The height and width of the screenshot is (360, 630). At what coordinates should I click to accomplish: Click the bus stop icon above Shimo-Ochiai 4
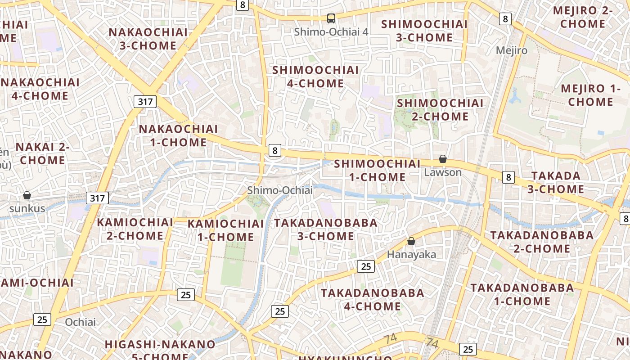coord(331,18)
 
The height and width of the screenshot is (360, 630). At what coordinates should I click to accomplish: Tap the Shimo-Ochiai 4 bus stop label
coord(331,32)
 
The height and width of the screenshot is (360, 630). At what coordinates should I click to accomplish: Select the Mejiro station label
coord(511,50)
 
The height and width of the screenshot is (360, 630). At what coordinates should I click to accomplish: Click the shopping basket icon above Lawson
coord(443,159)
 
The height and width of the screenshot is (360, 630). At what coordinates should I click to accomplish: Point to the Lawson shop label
coord(443,172)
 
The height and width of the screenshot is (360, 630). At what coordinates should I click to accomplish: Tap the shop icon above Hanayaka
coord(411,241)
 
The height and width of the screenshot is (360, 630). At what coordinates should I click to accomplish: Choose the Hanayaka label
coord(411,255)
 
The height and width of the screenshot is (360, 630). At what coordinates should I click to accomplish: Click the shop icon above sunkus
coord(27,195)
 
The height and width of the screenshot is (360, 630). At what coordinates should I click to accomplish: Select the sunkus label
coord(27,208)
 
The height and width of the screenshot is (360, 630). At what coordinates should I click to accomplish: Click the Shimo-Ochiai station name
coord(279,190)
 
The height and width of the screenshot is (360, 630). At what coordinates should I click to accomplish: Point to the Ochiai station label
coord(81,322)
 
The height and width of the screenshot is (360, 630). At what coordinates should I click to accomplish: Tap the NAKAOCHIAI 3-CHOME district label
coord(148,39)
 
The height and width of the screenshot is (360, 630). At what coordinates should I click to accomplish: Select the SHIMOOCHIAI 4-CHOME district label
coord(315,77)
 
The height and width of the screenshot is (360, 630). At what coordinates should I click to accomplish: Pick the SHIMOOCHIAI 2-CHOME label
coord(440,110)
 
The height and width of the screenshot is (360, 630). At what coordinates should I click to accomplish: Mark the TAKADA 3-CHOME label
coord(556,182)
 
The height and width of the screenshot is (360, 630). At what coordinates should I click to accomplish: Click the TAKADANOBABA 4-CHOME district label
coord(372,300)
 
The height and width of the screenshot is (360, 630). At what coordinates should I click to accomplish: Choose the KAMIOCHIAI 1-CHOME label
coord(225,230)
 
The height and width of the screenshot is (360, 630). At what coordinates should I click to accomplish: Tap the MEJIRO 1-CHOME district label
coord(590,95)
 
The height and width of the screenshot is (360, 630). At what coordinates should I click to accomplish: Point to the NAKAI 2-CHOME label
coord(43,153)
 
